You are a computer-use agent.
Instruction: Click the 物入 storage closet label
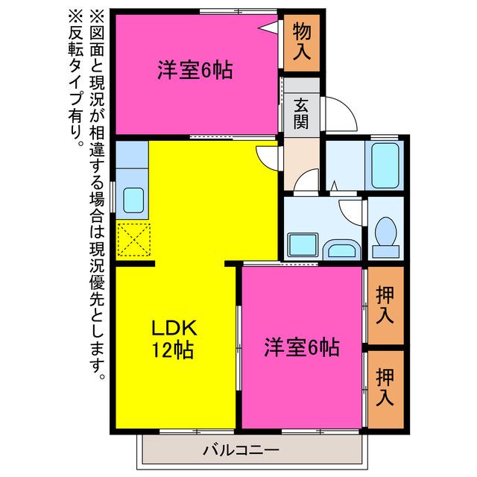click(x=302, y=42)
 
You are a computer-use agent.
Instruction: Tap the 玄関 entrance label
click(x=301, y=113)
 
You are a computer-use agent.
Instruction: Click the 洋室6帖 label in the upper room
click(x=195, y=70)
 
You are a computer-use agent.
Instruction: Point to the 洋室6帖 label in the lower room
click(x=302, y=347)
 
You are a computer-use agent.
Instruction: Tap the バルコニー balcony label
click(x=241, y=449)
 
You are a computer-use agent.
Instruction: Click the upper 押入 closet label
click(x=385, y=306)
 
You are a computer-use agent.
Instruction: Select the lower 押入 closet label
click(x=385, y=388)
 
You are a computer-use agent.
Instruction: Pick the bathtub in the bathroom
click(x=385, y=165)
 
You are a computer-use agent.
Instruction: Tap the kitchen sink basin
click(x=133, y=200)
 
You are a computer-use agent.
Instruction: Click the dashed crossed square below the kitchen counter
click(x=134, y=240)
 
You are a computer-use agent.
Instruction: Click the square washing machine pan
click(x=303, y=244)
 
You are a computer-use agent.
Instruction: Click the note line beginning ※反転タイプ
click(x=75, y=78)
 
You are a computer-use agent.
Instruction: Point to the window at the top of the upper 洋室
click(x=238, y=12)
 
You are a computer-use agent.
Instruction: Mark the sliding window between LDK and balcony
click(x=197, y=432)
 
